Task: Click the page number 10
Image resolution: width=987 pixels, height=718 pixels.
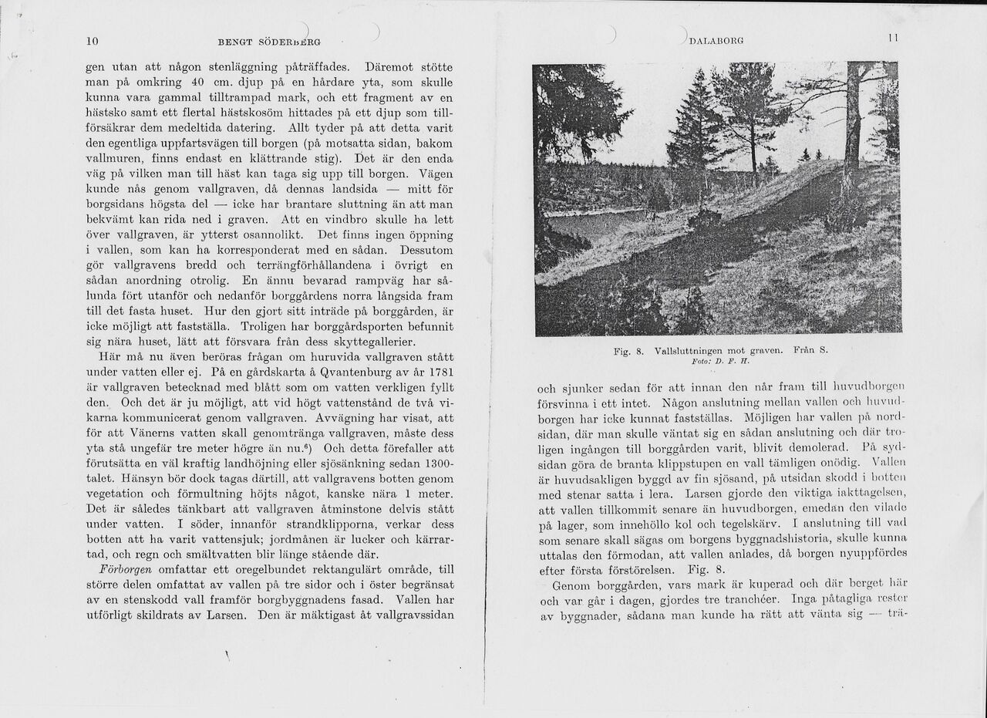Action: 91,42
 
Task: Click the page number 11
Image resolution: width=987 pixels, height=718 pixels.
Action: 893,38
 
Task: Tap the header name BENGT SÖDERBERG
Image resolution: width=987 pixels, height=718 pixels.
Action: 269,42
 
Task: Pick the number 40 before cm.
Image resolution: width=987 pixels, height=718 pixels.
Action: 197,83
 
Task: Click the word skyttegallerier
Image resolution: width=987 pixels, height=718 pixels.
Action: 364,342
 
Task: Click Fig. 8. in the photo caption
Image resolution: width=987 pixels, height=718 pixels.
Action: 629,351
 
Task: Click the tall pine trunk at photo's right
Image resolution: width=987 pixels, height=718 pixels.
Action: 852,123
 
